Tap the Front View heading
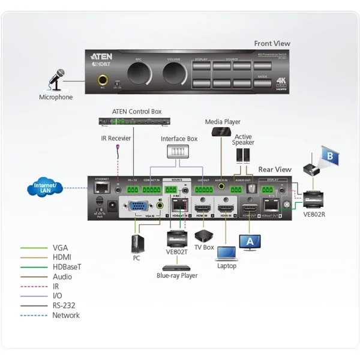pyautogui.click(x=272, y=43)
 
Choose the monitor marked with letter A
pyautogui.click(x=250, y=242)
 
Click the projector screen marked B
pyautogui.click(x=329, y=157)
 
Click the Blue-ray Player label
pyautogui.click(x=176, y=276)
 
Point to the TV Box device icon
pyautogui.click(x=204, y=234)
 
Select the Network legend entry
pyautogui.click(x=66, y=315)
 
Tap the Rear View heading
pyautogui.click(x=275, y=170)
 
